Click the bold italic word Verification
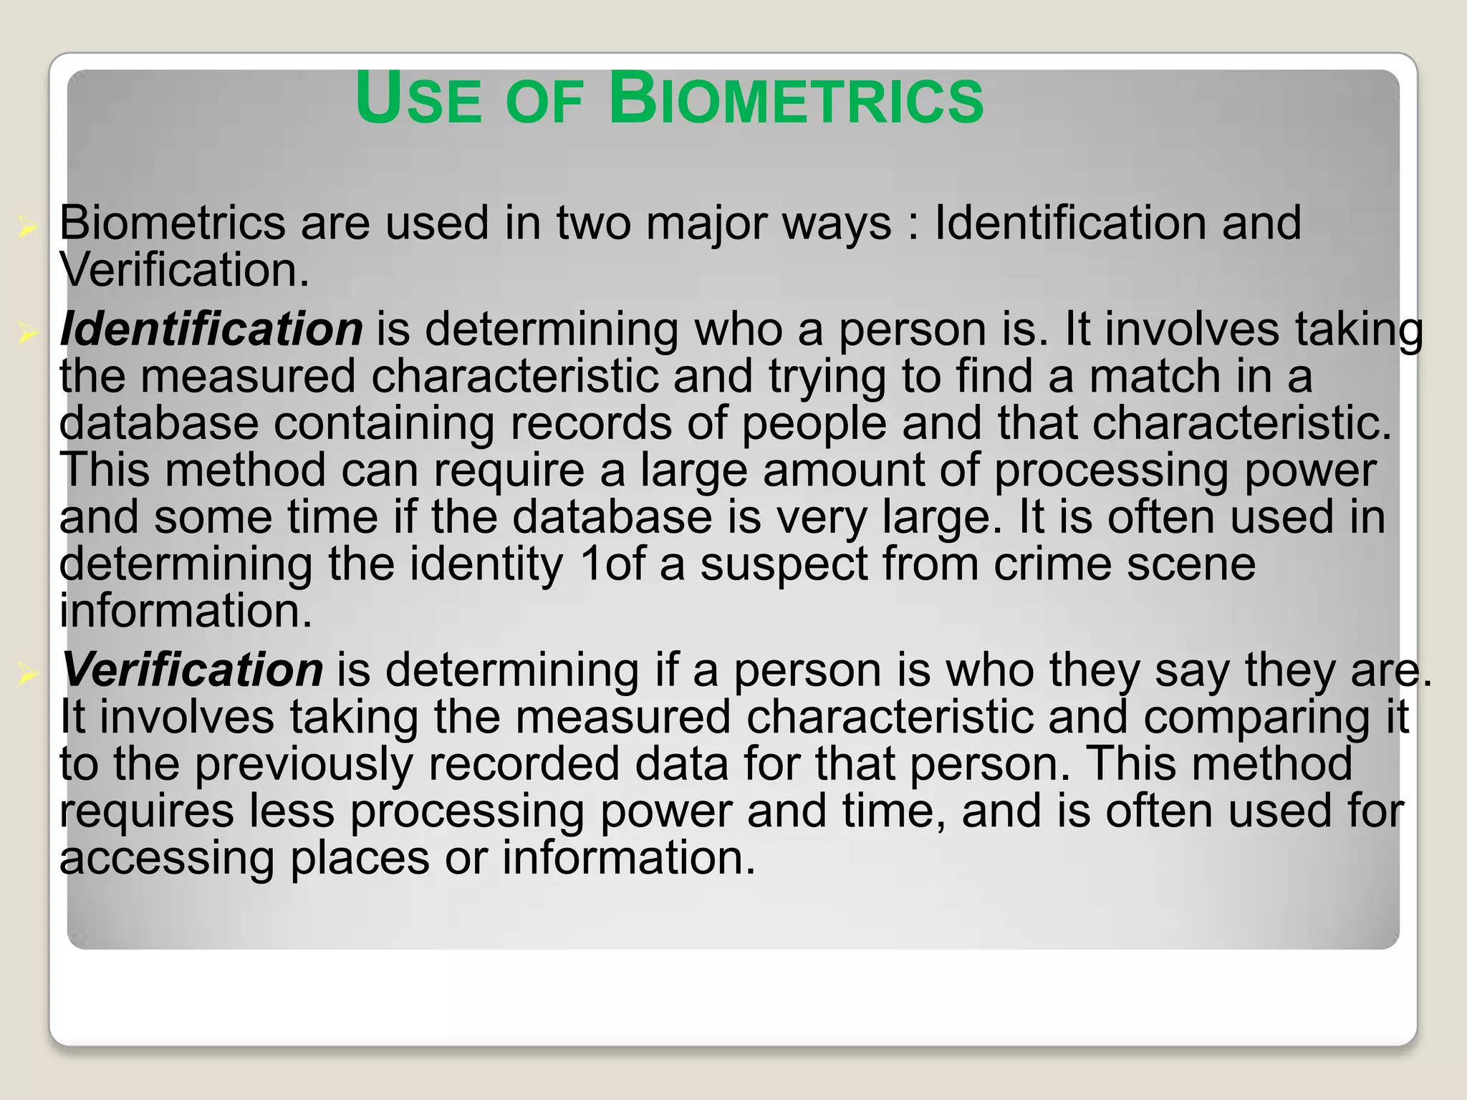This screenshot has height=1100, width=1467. pos(192,670)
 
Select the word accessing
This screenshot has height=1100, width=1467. pos(166,859)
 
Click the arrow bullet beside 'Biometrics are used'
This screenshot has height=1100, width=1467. pos(28,228)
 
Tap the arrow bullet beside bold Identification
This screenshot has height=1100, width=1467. pos(28,333)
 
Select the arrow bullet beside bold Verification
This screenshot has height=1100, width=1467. pos(28,673)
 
